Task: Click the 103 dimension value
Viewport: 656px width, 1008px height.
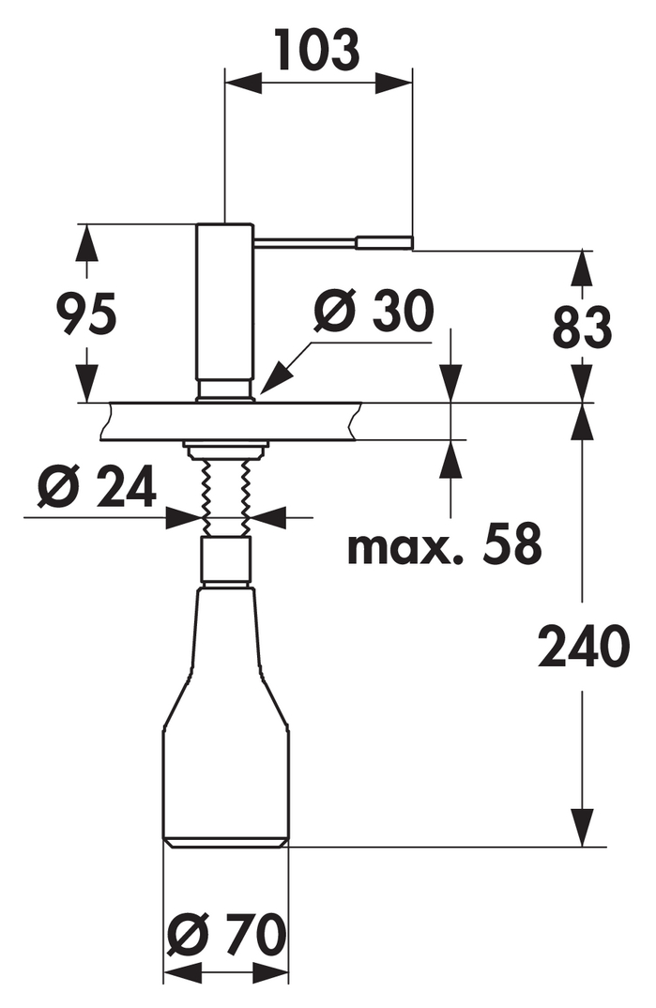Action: [x=317, y=50]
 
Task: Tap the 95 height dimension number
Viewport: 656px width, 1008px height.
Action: [x=86, y=313]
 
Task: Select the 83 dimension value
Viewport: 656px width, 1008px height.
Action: [x=582, y=328]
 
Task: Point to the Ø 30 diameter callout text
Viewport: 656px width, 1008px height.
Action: [x=374, y=312]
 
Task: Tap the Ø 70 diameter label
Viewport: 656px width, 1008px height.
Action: [x=226, y=935]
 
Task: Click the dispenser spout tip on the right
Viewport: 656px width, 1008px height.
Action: [x=384, y=242]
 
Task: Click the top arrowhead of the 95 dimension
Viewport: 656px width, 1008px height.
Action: [x=86, y=244]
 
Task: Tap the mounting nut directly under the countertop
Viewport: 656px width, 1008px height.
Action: [x=225, y=450]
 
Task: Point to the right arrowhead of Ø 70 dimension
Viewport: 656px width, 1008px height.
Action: [x=270, y=973]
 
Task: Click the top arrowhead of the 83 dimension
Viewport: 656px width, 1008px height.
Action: [x=582, y=268]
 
